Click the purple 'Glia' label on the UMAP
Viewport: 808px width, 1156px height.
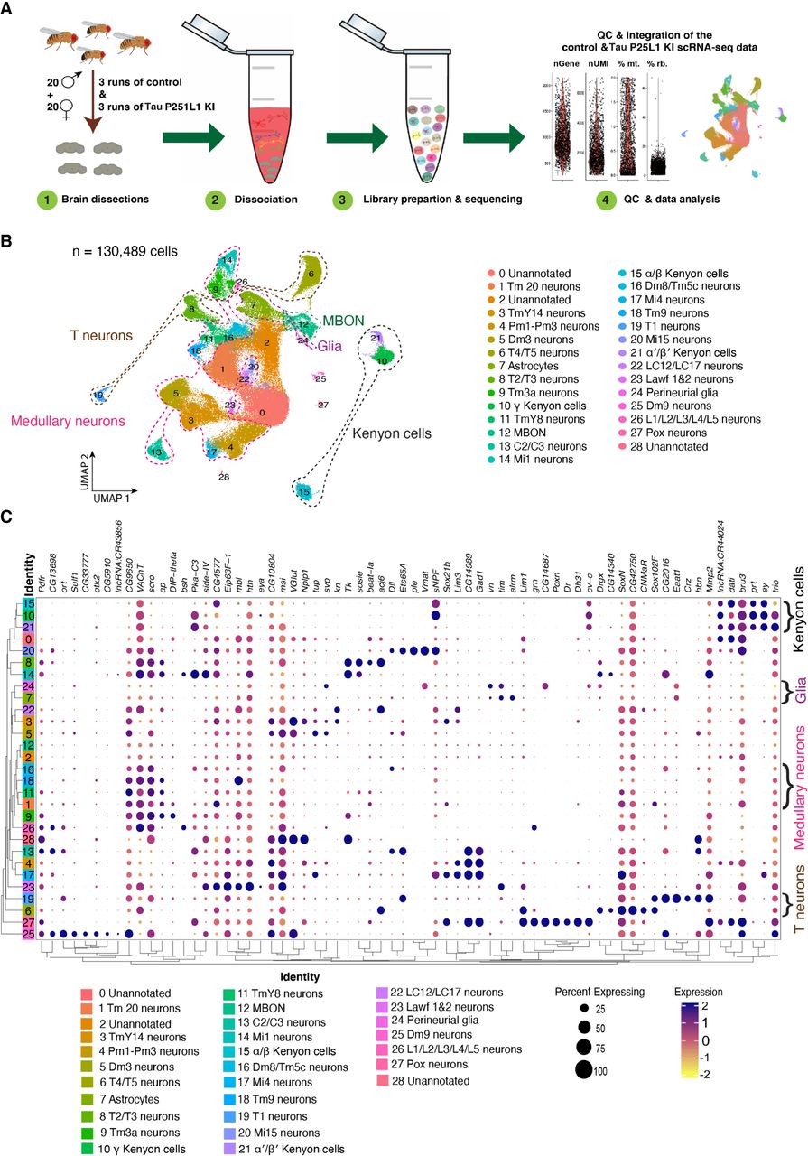pos(335,344)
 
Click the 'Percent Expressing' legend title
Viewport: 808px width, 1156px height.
pos(599,991)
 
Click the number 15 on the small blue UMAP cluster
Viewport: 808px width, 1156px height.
pos(306,491)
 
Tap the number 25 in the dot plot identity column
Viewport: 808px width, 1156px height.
pos(30,933)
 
